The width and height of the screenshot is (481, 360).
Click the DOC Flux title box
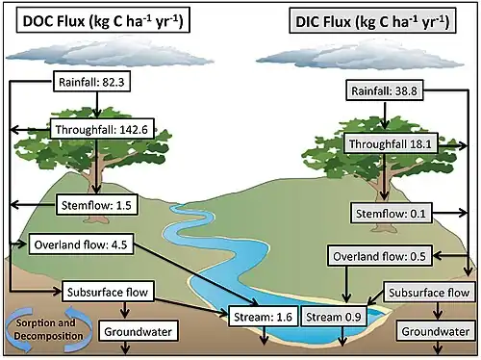click(103, 20)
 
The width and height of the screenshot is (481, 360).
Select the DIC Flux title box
click(372, 21)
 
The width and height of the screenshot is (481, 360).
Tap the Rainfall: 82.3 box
click(91, 82)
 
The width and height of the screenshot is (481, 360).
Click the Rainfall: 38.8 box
click(385, 90)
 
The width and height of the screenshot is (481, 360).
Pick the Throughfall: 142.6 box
click(102, 129)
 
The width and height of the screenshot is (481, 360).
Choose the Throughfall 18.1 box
click(391, 143)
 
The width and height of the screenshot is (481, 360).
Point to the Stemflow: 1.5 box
click(97, 205)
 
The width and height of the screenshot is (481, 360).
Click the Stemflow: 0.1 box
click(391, 213)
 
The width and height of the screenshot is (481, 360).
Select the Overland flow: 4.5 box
click(81, 244)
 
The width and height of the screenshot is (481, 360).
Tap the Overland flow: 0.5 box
click(380, 256)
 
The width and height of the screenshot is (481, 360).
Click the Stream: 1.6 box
click(263, 317)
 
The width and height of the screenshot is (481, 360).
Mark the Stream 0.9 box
click(334, 317)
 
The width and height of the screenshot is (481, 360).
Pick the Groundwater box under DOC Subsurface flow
click(139, 331)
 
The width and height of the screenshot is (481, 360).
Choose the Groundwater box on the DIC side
click(436, 331)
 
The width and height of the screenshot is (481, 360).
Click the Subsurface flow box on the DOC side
click(108, 292)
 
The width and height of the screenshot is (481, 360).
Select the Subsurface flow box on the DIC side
click(429, 292)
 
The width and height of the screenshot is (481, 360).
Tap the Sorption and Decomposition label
click(48, 329)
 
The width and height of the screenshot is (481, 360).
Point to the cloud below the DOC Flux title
click(109, 51)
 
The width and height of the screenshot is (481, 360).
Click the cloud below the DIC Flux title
click(360, 55)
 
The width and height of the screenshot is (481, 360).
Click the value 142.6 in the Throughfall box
click(134, 129)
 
